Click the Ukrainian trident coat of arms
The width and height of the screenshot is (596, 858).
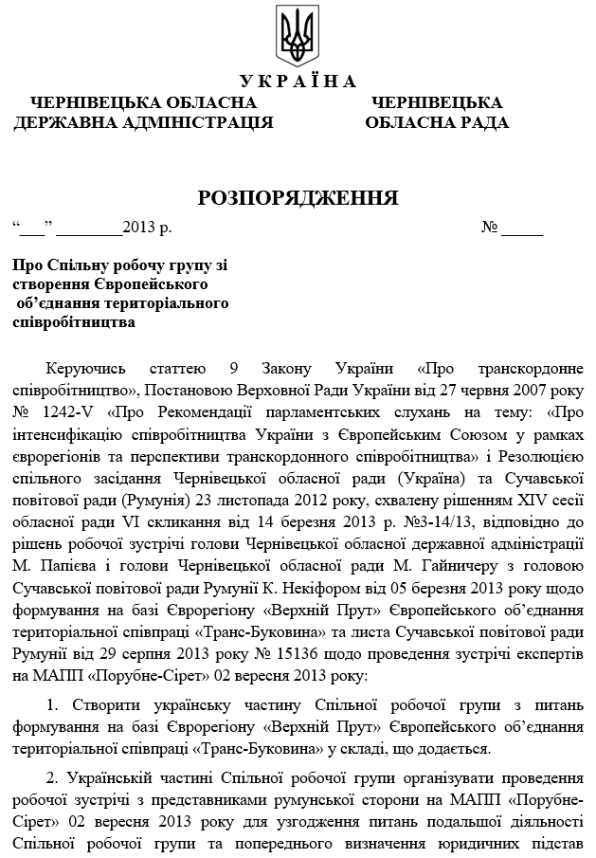pos(298,35)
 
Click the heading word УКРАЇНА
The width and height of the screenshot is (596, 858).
pos(298,81)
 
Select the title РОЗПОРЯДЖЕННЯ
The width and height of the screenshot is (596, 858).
pos(298,197)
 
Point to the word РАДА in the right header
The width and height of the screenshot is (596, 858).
pos(479,121)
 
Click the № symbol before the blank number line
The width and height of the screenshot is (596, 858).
pos(490,228)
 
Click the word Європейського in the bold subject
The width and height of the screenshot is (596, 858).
pos(154,284)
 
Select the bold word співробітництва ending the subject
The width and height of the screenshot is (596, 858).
pos(74,320)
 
